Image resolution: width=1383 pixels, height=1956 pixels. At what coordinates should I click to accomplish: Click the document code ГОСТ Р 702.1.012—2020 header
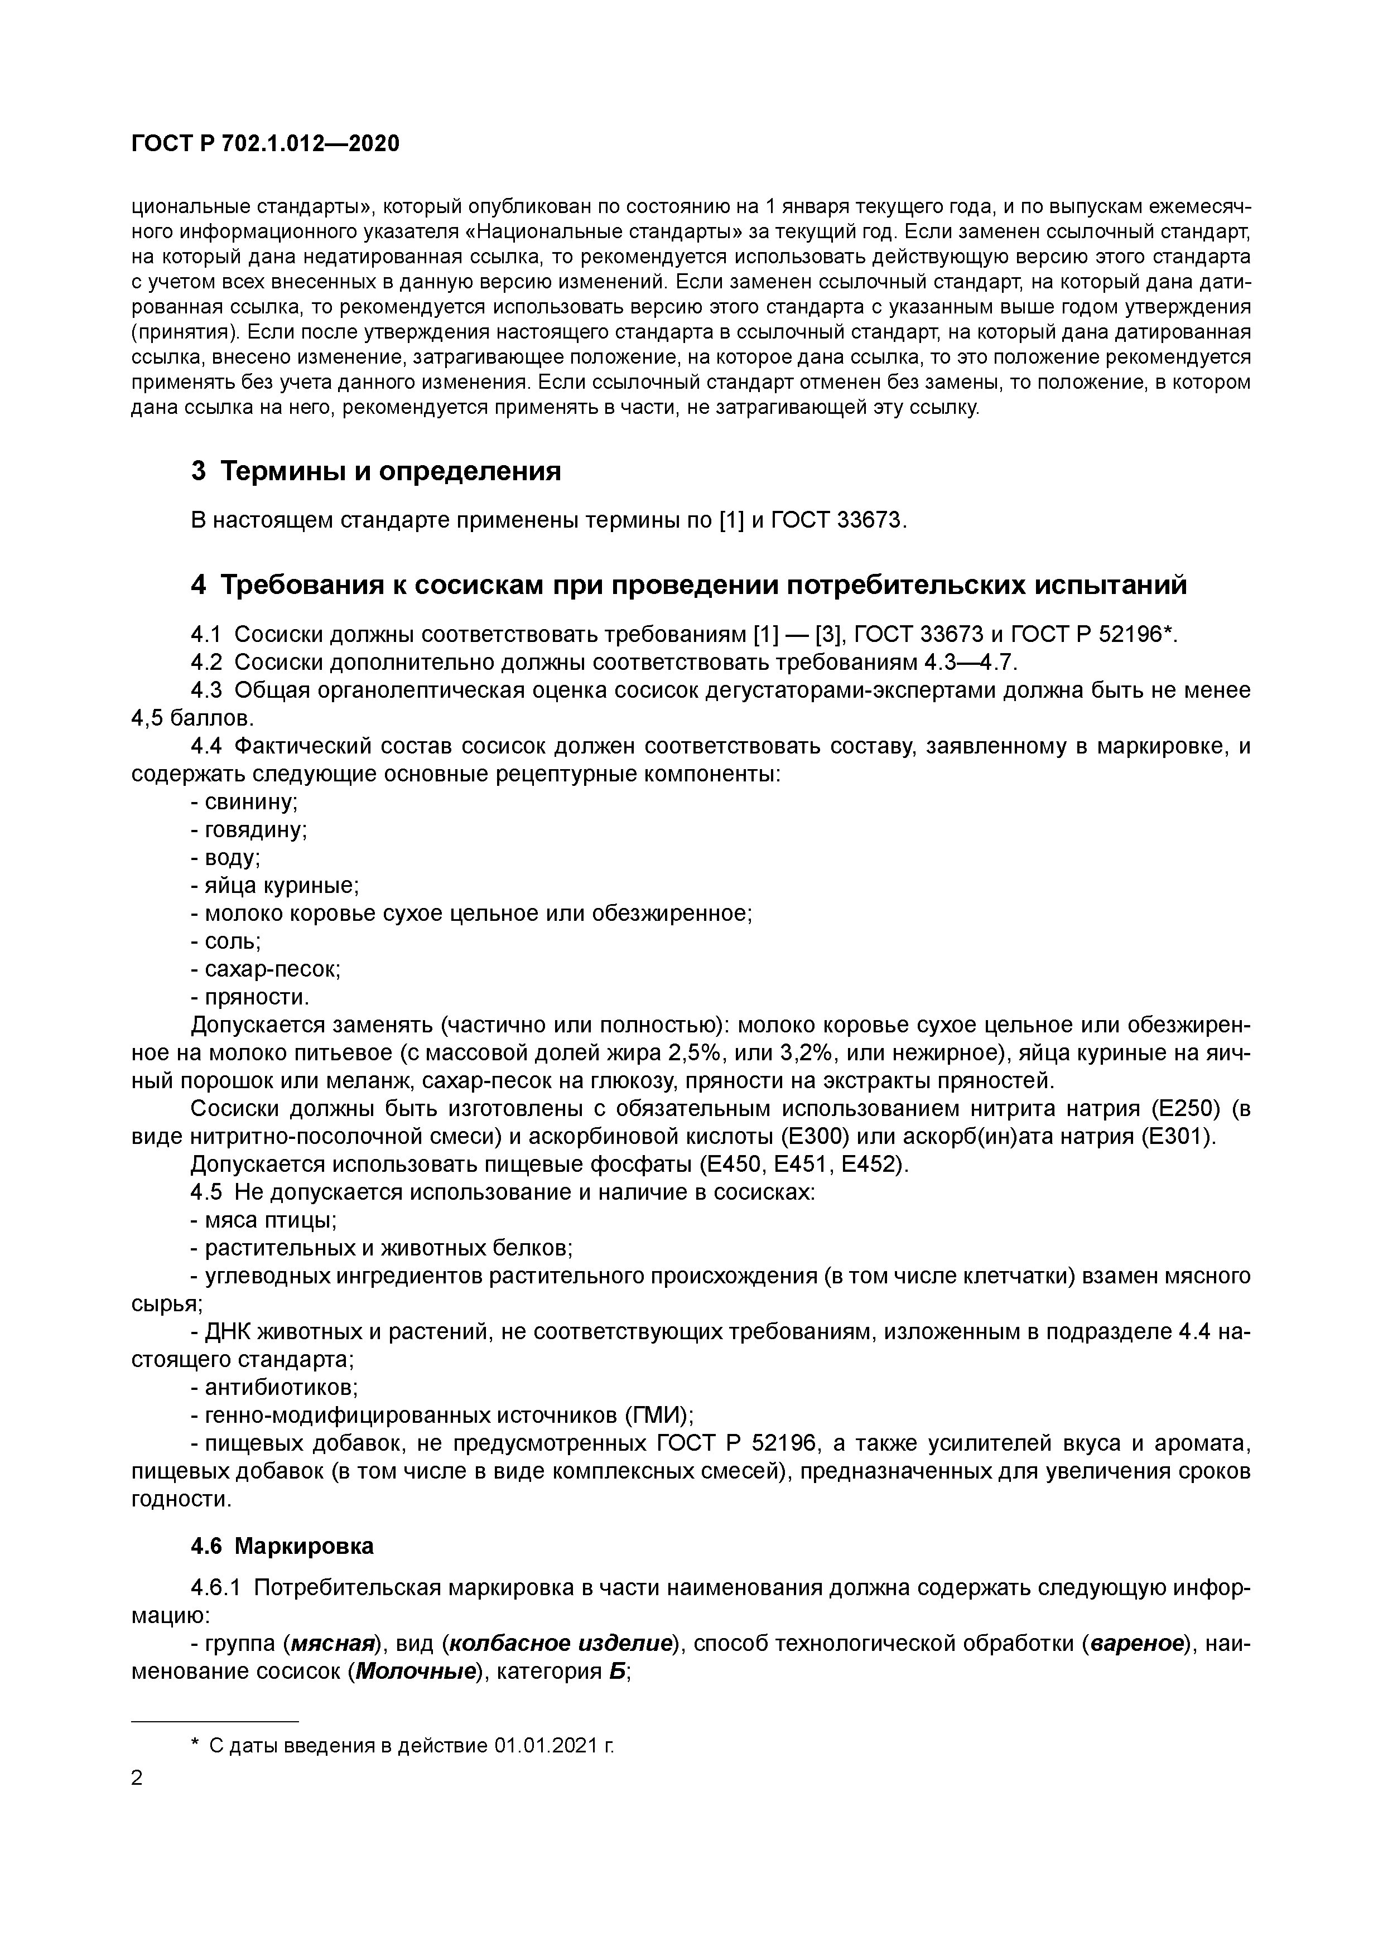pos(265,144)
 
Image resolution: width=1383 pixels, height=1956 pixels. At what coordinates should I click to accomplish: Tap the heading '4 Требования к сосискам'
pos(688,585)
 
